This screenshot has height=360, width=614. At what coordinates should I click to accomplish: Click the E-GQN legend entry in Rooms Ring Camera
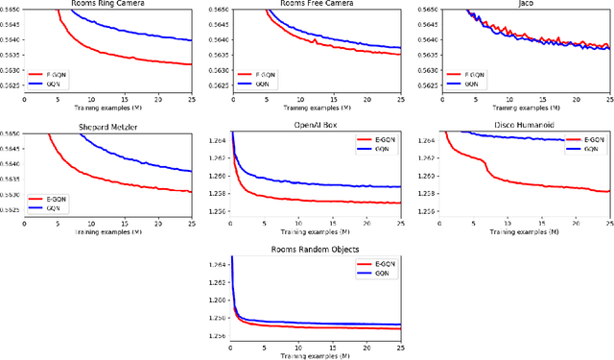click(x=66, y=73)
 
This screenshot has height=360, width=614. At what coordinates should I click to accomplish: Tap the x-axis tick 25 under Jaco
click(x=608, y=98)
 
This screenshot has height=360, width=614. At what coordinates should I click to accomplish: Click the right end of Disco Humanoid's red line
click(x=608, y=191)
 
